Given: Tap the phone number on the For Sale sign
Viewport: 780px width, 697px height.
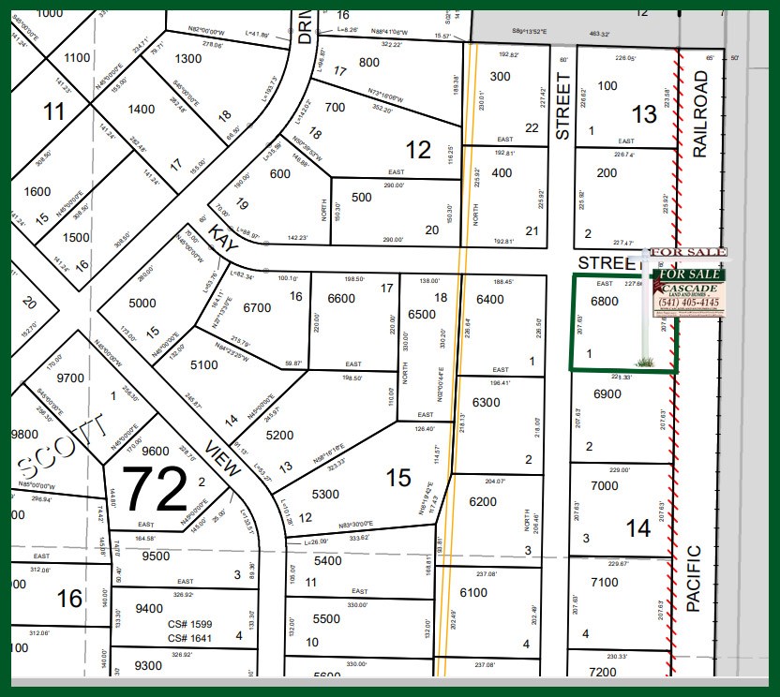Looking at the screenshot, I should (x=688, y=303).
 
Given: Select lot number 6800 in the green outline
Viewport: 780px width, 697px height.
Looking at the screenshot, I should (x=604, y=302).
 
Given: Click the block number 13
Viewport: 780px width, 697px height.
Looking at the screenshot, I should (x=645, y=114).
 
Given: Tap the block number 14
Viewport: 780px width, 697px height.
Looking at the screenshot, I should (x=638, y=529).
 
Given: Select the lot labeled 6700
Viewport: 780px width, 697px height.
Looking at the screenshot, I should (x=256, y=306).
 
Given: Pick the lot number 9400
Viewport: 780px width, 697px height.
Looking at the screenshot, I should (x=149, y=608).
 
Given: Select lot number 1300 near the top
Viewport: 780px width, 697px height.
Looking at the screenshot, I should (x=188, y=58).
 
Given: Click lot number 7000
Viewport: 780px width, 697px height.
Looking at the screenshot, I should (x=605, y=485).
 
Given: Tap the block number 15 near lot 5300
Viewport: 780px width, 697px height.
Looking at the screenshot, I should (x=398, y=479).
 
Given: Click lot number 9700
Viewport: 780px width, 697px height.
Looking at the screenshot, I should (x=70, y=378).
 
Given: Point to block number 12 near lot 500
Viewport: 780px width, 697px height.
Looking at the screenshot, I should (x=417, y=148).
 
